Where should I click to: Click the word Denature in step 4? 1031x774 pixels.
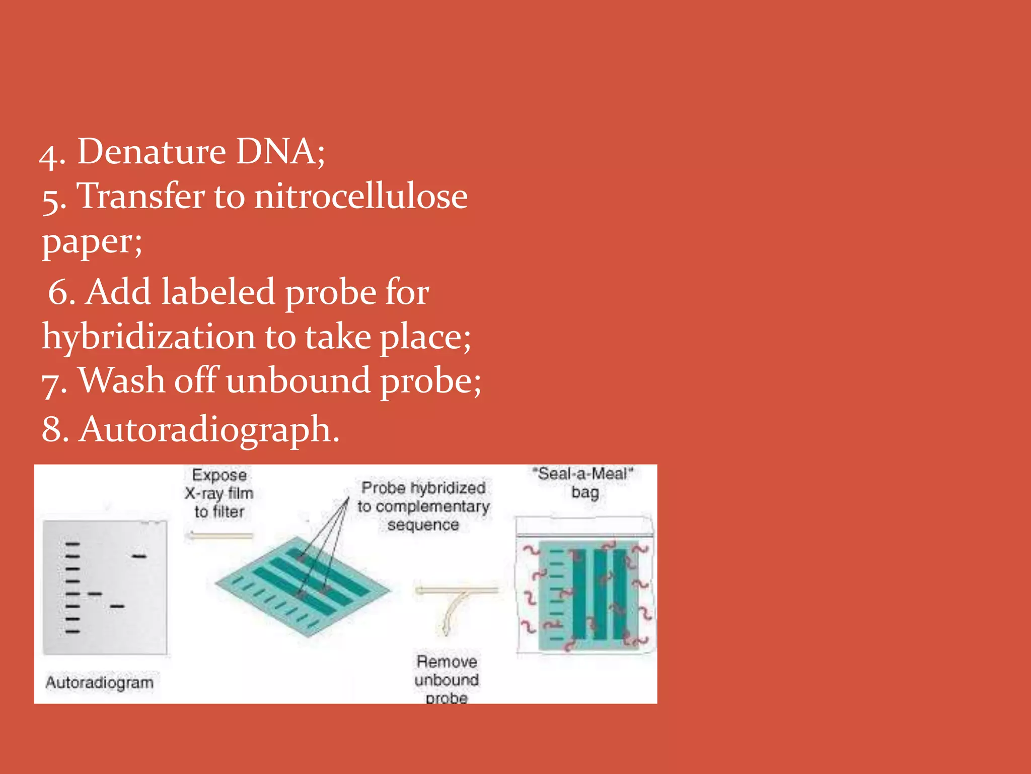151,152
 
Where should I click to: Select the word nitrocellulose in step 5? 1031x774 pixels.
360,196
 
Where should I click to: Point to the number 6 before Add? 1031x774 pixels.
60,292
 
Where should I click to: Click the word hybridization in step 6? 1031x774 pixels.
149,337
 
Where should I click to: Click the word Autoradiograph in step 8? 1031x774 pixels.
209,430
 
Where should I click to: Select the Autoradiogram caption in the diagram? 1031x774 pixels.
100,683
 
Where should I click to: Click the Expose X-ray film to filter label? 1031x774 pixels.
219,493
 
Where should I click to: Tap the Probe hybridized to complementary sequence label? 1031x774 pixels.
423,506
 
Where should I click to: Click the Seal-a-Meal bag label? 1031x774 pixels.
584,482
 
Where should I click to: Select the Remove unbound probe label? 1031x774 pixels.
447,680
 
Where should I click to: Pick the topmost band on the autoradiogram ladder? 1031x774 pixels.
72,544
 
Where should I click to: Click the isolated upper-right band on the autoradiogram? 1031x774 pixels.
139,556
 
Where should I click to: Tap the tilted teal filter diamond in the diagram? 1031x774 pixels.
302,587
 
